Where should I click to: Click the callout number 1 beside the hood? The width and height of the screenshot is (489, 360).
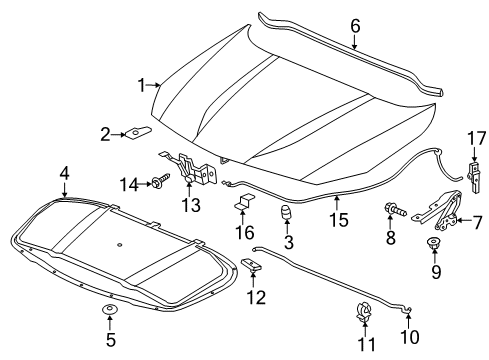pos(142,84)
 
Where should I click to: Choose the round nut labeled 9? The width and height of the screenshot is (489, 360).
pos(435,245)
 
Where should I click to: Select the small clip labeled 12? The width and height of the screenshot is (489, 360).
pos(251,265)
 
